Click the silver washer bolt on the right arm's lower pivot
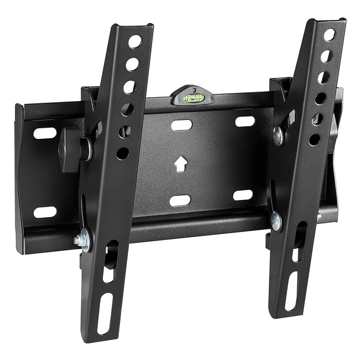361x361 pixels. pos(276,221)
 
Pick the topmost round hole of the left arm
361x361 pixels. pos(136,41)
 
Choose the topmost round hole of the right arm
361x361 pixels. pos(329,35)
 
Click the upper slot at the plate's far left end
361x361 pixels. pos(45,133)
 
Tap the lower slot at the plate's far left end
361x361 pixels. pos(45,212)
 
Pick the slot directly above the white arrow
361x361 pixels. pos(182,125)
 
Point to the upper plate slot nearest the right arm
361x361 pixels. pos(244,121)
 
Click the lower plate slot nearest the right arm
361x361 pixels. pos(243,195)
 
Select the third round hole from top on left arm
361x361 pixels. pos(129,87)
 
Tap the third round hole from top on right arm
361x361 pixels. pos(323,77)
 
